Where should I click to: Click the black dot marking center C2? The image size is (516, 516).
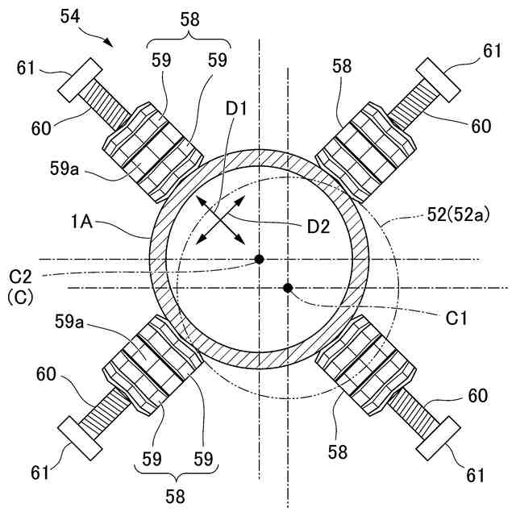point(259,259)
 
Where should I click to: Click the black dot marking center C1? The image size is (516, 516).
point(288,288)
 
